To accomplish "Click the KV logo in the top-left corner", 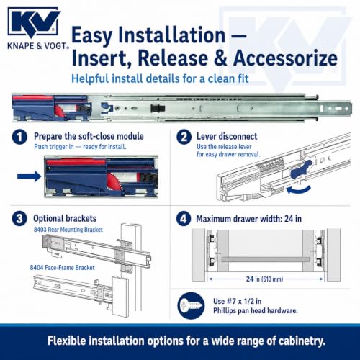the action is [34, 23].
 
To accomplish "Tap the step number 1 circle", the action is [19, 137].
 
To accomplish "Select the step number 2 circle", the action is [184, 137].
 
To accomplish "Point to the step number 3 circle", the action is [19, 219].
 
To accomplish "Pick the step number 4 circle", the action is [184, 219].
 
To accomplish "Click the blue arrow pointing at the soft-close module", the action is [30, 176].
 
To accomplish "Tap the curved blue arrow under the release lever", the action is [298, 189].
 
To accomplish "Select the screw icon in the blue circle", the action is [192, 306].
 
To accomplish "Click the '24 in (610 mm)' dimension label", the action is [264, 279].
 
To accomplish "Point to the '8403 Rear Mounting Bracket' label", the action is [68, 230].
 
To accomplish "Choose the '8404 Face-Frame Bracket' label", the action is [62, 268].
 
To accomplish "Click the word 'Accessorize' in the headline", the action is [286, 58].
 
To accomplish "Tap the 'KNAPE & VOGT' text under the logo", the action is [38, 46].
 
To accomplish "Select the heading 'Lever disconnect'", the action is [227, 136].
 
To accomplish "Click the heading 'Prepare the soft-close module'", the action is [89, 136].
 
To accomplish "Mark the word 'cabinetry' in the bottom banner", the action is [301, 341].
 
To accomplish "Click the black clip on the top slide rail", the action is [158, 109].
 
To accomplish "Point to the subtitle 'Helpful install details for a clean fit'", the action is [160, 78].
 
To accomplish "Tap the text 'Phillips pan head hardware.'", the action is [256, 311].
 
